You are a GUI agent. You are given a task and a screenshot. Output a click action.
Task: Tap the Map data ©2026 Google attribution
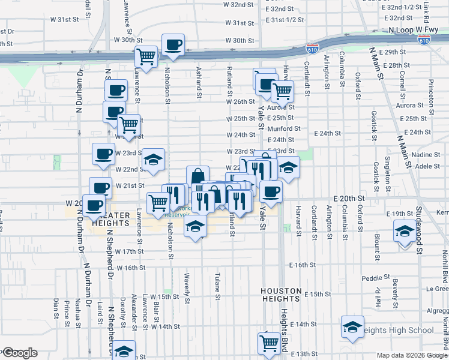412,355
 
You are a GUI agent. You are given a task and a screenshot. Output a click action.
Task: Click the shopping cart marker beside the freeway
146,56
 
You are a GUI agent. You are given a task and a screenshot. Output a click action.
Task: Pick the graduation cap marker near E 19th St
404,230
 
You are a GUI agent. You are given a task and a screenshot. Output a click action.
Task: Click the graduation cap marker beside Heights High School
352,326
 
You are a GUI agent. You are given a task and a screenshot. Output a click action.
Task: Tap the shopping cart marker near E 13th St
268,343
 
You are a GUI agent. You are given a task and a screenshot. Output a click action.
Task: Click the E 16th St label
302,265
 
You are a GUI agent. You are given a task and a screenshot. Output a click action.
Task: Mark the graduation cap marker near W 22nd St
153,160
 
